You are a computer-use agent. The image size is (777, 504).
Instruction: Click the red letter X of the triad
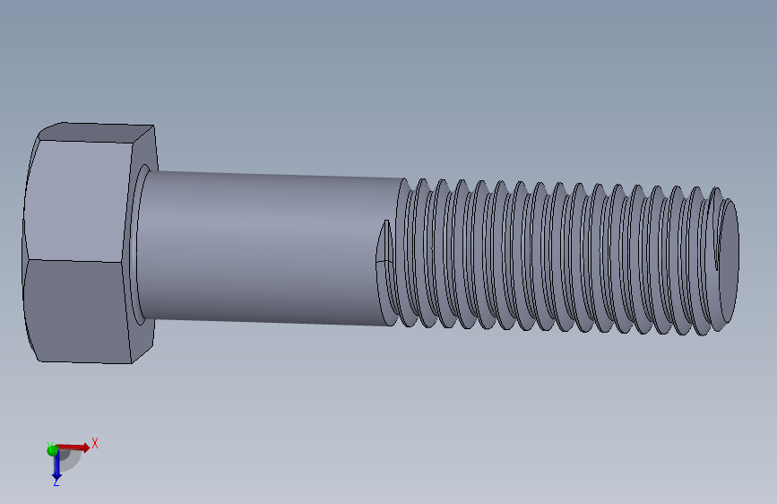[x=95, y=443]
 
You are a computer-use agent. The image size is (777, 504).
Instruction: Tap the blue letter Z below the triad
[x=56, y=482]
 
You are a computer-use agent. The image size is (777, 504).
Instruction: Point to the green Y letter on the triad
[x=50, y=445]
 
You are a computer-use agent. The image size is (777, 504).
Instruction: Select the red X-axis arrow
[x=75, y=447]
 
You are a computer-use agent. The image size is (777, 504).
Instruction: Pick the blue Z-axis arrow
[x=56, y=464]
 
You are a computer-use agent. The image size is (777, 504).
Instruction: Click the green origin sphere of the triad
[x=52, y=449]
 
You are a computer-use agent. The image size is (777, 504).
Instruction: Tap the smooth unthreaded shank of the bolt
[x=260, y=247]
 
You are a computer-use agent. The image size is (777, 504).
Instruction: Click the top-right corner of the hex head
[x=154, y=126]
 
